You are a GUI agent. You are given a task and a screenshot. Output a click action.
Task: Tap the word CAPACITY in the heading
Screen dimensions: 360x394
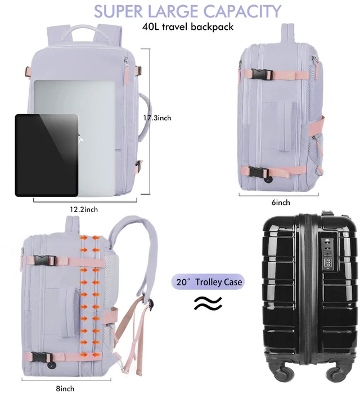242,11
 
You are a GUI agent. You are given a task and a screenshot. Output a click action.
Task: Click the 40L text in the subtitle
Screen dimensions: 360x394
151,26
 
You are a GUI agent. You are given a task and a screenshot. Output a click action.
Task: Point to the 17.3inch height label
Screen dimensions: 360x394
157,118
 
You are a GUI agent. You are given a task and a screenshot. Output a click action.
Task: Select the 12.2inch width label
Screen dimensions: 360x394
84,209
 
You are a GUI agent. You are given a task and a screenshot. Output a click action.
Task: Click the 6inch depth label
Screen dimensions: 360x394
281,202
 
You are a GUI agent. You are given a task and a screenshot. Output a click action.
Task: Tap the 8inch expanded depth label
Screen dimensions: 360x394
65,388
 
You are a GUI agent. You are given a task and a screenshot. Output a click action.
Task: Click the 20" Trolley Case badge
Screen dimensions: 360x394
208,281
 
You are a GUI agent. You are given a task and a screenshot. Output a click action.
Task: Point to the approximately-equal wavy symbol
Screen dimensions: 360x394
208,303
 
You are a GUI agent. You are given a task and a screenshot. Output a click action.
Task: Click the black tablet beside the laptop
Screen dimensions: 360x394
47,155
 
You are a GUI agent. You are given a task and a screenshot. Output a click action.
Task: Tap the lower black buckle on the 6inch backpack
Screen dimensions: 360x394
258,172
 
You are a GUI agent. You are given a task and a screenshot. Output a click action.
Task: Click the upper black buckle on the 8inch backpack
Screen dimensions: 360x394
44,261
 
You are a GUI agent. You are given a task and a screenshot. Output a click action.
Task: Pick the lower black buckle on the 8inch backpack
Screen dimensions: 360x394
42,357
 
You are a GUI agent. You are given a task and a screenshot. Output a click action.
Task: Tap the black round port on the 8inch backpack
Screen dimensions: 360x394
51,366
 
